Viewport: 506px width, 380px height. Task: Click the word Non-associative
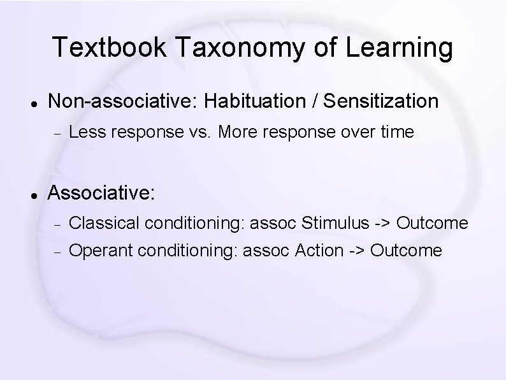tap(124, 101)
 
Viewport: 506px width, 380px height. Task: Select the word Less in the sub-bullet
tap(86, 133)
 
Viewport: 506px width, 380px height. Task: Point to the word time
tap(396, 133)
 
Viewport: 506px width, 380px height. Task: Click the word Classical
tap(105, 223)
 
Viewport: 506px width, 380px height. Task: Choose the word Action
tap(319, 251)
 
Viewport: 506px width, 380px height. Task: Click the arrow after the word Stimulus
tap(383, 224)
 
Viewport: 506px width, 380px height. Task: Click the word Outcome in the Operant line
tap(405, 251)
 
